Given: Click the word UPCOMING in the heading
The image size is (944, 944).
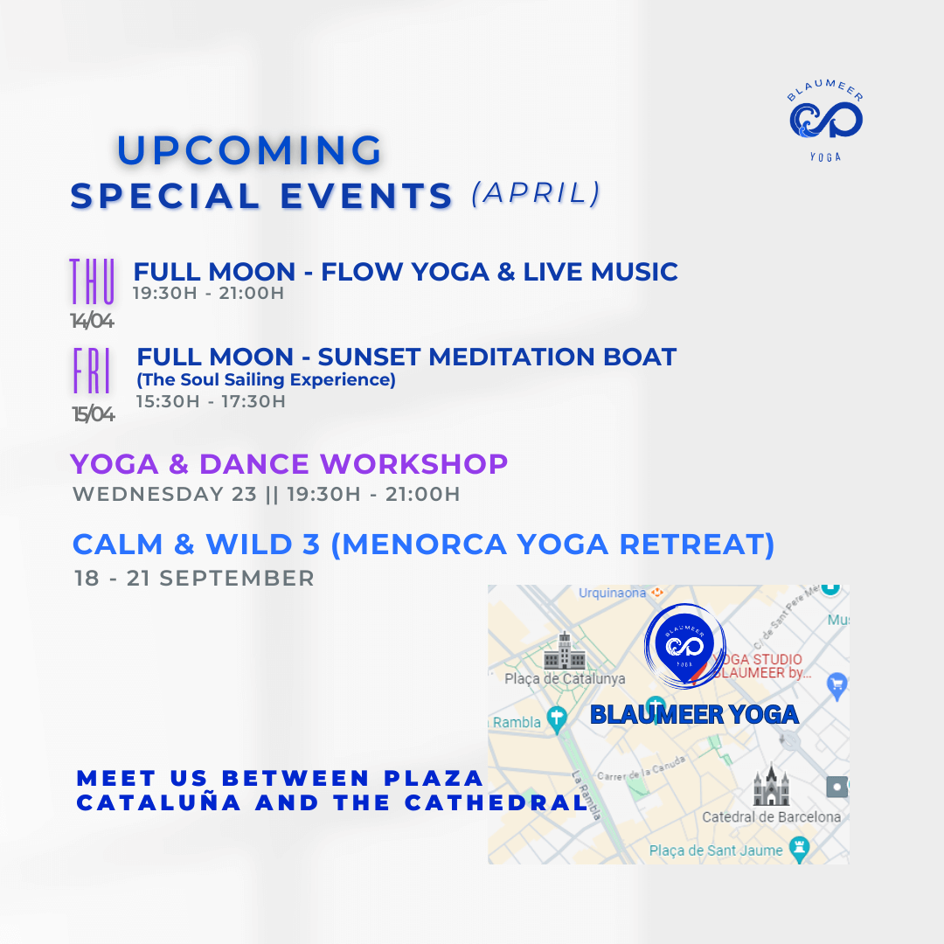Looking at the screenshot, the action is pyautogui.click(x=249, y=150).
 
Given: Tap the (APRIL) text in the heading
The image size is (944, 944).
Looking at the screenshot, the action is pyautogui.click(x=537, y=193).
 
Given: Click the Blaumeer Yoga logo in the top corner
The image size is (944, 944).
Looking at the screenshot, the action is pyautogui.click(x=825, y=121).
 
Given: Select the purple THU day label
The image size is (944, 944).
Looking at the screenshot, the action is pyautogui.click(x=92, y=281).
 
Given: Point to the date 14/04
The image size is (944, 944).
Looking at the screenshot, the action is pyautogui.click(x=92, y=321).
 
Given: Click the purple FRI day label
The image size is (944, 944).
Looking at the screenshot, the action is pyautogui.click(x=92, y=371).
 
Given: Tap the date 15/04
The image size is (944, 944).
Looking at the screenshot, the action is pyautogui.click(x=94, y=414).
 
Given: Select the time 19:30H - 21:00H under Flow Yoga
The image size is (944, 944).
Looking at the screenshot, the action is pyautogui.click(x=208, y=293).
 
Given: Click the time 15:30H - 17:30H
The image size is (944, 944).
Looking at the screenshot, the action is pyautogui.click(x=211, y=401).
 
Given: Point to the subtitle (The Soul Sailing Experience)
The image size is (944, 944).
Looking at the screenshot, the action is pyautogui.click(x=266, y=379).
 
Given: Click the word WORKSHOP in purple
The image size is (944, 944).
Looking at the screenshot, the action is pyautogui.click(x=414, y=464).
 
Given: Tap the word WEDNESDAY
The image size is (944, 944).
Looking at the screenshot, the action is pyautogui.click(x=148, y=494).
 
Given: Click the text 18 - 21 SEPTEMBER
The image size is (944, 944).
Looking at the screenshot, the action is pyautogui.click(x=194, y=578).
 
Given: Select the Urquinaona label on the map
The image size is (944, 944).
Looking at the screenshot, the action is pyautogui.click(x=612, y=593).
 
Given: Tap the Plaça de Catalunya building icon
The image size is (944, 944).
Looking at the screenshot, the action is pyautogui.click(x=565, y=651).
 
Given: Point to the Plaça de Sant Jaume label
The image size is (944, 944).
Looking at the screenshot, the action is pyautogui.click(x=716, y=850).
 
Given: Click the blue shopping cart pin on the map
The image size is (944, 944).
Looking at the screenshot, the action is pyautogui.click(x=836, y=686).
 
